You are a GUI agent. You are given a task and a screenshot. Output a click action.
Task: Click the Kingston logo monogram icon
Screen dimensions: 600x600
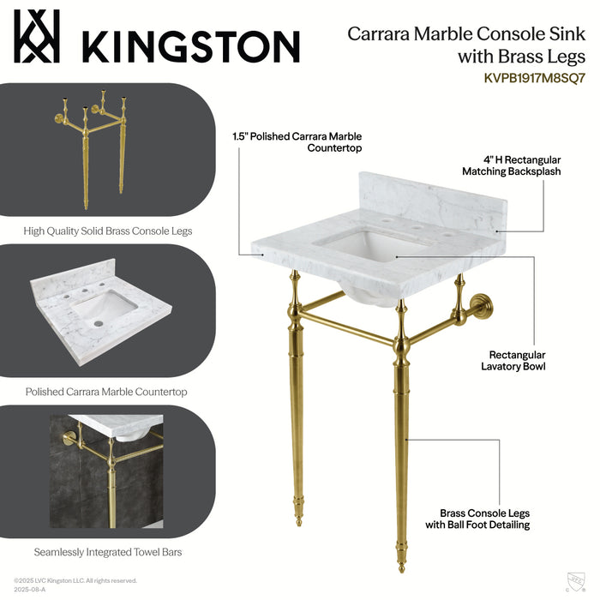tap(37, 37)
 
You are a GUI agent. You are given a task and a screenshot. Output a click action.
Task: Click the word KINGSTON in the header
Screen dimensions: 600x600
tap(190, 45)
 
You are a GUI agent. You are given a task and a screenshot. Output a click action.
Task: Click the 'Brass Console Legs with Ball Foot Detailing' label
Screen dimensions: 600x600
tap(485, 519)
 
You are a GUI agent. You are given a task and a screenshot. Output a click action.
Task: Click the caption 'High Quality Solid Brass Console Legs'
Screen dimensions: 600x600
tap(108, 231)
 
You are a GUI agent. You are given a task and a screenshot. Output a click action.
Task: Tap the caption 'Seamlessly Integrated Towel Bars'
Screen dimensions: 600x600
tap(108, 552)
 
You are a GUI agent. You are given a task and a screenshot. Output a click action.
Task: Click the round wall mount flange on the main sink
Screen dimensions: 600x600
tap(474, 306)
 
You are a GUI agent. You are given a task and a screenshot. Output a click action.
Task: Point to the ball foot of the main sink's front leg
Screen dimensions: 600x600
tap(401, 566)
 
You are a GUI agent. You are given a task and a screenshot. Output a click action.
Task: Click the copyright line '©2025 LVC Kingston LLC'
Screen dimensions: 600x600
tap(75, 580)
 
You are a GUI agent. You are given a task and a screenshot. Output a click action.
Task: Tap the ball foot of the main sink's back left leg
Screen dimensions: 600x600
tap(297, 519)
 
